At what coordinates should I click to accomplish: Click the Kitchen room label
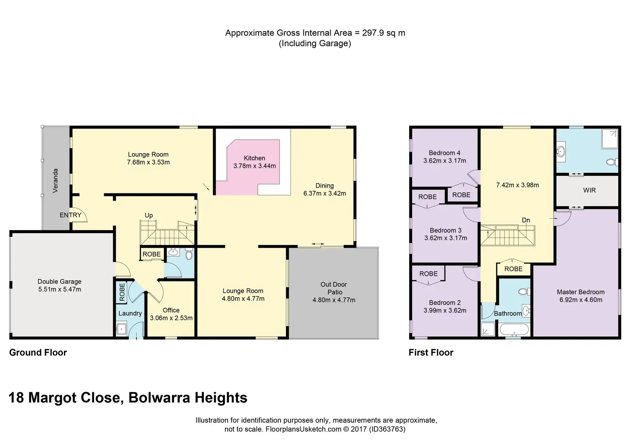pos(254,158)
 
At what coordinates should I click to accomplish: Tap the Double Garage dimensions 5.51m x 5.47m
pos(60,290)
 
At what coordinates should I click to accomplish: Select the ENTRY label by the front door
pos(70,215)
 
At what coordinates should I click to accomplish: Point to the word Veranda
pos(55,181)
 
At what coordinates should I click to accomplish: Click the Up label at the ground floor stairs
pos(149,215)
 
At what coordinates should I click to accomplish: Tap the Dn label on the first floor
pos(526,220)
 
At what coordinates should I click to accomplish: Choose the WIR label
pos(590,190)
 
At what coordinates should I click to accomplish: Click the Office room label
pos(171,310)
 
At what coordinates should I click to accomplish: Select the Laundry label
pos(130,313)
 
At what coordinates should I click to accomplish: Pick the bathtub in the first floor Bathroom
pos(514,330)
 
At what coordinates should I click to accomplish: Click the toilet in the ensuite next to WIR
pos(611,162)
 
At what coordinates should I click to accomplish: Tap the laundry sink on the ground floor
pos(122,329)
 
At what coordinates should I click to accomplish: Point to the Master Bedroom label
pos(581,292)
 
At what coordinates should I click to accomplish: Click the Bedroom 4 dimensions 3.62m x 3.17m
pos(445,161)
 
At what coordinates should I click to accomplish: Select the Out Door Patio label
pos(334,288)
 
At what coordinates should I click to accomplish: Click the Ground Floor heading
pos(38,352)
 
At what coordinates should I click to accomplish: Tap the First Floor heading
pos(431,352)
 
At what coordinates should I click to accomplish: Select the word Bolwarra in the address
pos(159,398)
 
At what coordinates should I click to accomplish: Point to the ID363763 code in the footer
pos(387,429)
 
